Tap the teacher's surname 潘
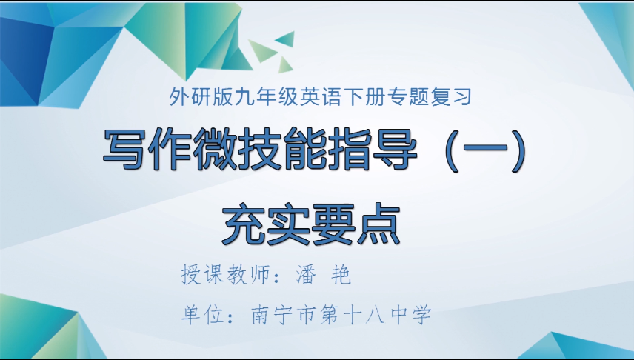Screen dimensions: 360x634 [305, 276]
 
